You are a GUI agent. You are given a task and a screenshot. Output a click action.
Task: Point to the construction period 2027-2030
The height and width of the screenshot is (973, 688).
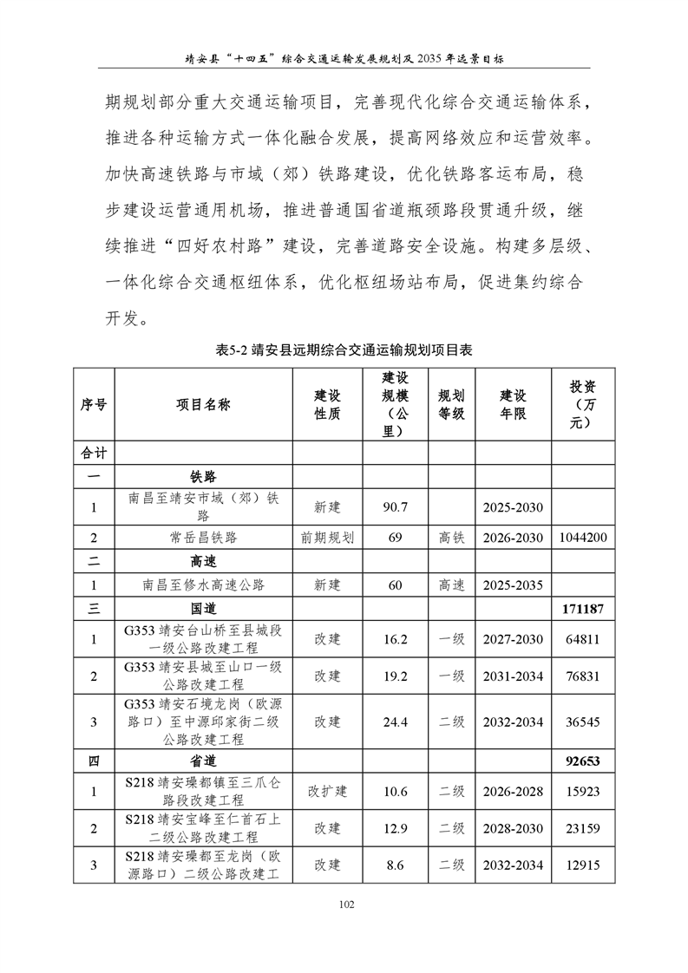click(513, 640)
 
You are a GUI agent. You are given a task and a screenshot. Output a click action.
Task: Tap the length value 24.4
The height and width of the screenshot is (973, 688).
click(395, 722)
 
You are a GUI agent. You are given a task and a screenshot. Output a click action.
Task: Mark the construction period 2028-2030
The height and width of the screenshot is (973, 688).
click(513, 829)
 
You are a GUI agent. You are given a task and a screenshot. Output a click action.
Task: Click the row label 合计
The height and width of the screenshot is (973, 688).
click(94, 453)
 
